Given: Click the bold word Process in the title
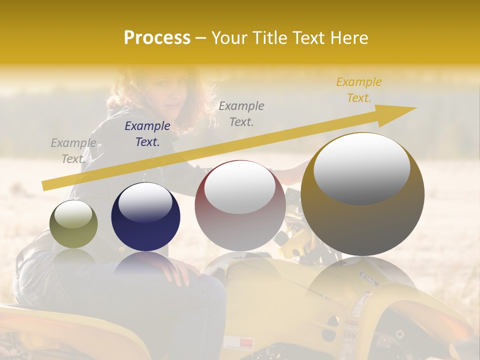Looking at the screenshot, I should pos(157,37).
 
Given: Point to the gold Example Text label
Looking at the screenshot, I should pos(358,90).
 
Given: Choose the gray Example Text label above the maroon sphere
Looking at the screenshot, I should pos(241,113).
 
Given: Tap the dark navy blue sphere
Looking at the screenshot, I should pos(145,217).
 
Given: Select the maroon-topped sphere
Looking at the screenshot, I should pos(240,205).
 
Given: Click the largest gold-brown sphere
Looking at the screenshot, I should pos(362,194).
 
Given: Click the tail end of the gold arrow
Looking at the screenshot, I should pos(45,185).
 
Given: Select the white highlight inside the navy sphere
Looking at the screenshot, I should pos(145,202).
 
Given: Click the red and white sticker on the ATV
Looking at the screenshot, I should pos(239,343).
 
